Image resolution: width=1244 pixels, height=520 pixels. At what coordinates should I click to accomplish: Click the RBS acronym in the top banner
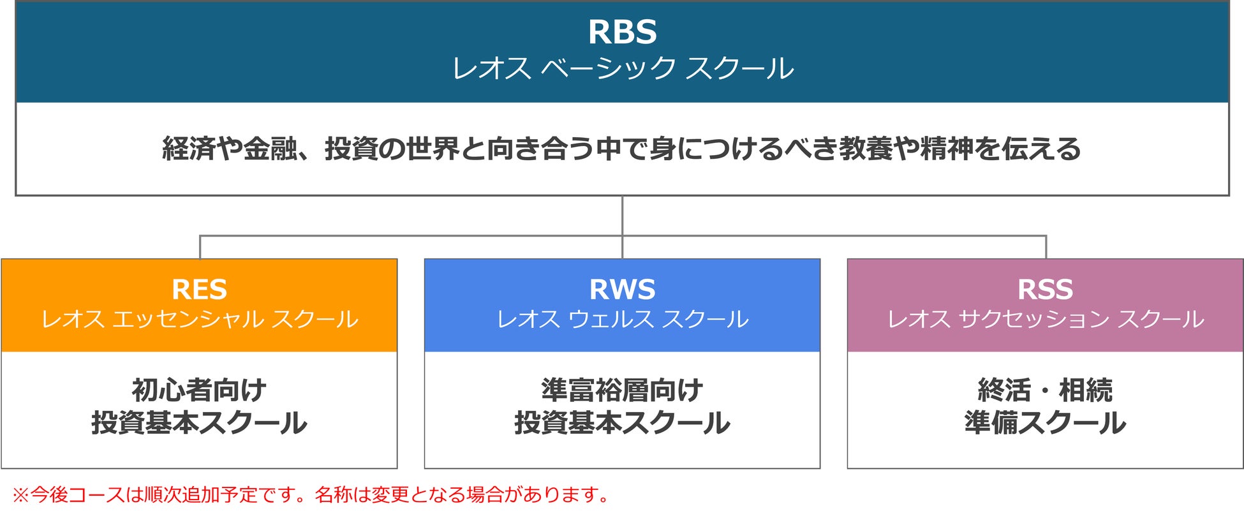coord(622,32)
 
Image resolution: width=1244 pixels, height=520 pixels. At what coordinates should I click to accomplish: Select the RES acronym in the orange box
coord(199,290)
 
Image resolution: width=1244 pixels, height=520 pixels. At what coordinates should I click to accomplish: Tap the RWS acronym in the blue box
coord(622,290)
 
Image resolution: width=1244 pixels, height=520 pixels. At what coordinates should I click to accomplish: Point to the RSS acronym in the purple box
coord(1045,290)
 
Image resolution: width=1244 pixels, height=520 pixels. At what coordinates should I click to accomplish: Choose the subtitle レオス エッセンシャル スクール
coord(199,319)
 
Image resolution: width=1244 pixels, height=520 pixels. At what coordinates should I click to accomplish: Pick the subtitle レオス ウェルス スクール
coord(622,319)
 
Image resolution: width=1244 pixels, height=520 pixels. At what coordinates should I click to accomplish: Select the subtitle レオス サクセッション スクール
coord(1045,319)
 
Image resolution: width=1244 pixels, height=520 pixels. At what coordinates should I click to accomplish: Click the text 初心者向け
coord(199,390)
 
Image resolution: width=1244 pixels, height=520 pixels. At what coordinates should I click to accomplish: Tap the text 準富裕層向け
coord(622,390)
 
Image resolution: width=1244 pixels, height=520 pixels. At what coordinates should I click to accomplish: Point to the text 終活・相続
coord(1045,390)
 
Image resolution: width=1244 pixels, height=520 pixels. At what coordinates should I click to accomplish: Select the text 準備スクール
coord(1045,423)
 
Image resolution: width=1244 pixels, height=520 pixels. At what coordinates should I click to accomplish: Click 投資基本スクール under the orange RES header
coord(199,423)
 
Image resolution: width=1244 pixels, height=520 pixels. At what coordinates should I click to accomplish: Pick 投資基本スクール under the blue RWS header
coord(622,423)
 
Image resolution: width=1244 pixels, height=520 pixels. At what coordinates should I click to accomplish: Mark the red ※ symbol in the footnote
coord(20,494)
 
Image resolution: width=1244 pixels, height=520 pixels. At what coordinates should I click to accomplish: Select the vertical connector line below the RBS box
coord(622,216)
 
